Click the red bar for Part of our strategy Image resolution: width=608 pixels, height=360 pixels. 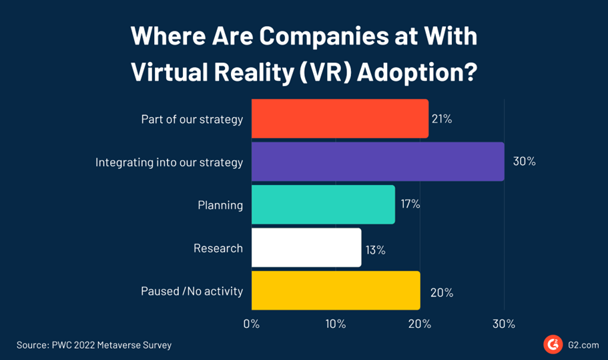(x=340, y=119)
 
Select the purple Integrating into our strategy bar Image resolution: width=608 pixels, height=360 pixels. (x=378, y=162)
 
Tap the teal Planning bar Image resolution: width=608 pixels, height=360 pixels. (x=323, y=204)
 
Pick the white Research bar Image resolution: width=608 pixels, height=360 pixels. (x=306, y=248)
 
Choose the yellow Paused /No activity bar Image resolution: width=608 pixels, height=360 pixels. (x=336, y=291)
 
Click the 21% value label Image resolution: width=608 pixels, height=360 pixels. (x=442, y=120)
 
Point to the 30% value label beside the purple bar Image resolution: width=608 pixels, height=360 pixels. (x=524, y=162)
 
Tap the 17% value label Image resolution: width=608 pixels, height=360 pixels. (x=410, y=204)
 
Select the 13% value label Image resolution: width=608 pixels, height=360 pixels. (x=376, y=249)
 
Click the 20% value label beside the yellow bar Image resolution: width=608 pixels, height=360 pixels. (x=442, y=292)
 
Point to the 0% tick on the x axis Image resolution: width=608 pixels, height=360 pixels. (x=252, y=325)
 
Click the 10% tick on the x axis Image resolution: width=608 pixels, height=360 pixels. (x=336, y=325)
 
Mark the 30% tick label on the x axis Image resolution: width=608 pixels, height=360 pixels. (x=504, y=325)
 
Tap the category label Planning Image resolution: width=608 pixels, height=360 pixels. (x=220, y=205)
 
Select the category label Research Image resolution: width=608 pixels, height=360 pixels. (x=218, y=248)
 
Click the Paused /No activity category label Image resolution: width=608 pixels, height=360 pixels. (x=192, y=291)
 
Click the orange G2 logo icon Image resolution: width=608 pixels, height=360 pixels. (x=552, y=345)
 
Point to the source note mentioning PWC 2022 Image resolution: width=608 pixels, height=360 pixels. (x=94, y=345)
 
